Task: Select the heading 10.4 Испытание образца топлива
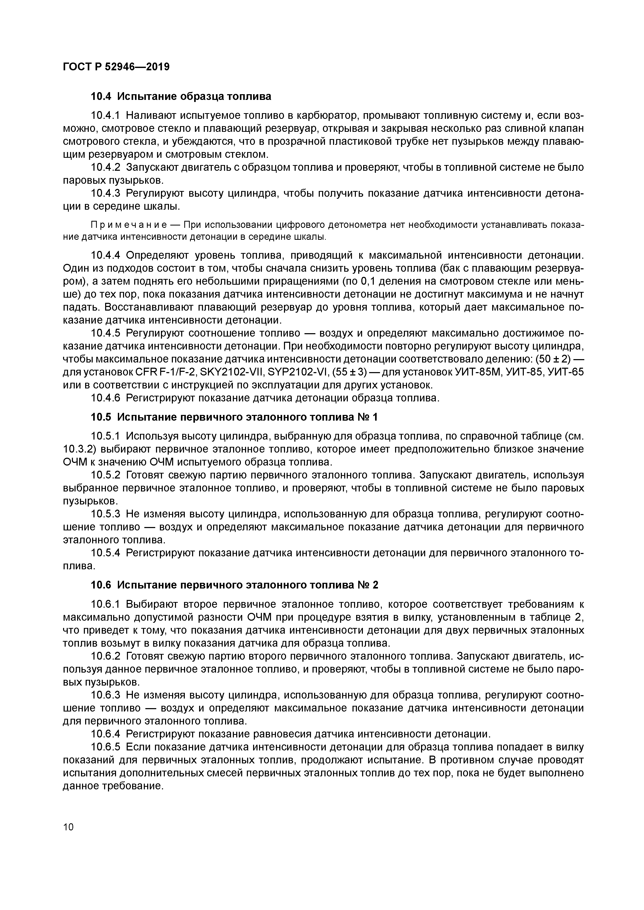(x=181, y=96)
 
